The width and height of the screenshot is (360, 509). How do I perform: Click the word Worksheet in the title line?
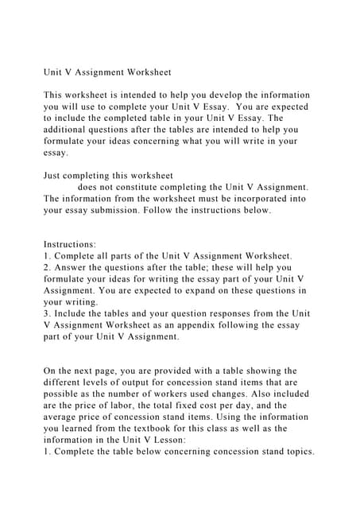(x=145, y=72)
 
